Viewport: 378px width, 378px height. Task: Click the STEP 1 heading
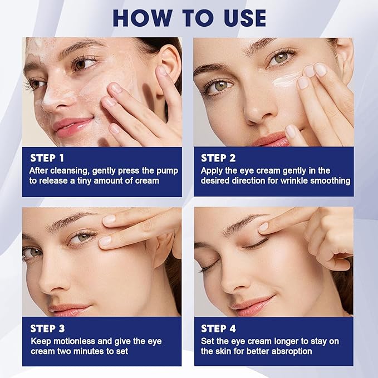coord(47,158)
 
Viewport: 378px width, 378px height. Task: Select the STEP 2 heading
coord(218,158)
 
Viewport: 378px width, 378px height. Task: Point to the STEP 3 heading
coord(47,328)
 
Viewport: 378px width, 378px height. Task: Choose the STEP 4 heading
coord(219,328)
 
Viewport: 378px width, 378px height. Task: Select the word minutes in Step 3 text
coord(86,351)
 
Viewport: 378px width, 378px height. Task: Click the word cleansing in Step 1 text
coord(67,170)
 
